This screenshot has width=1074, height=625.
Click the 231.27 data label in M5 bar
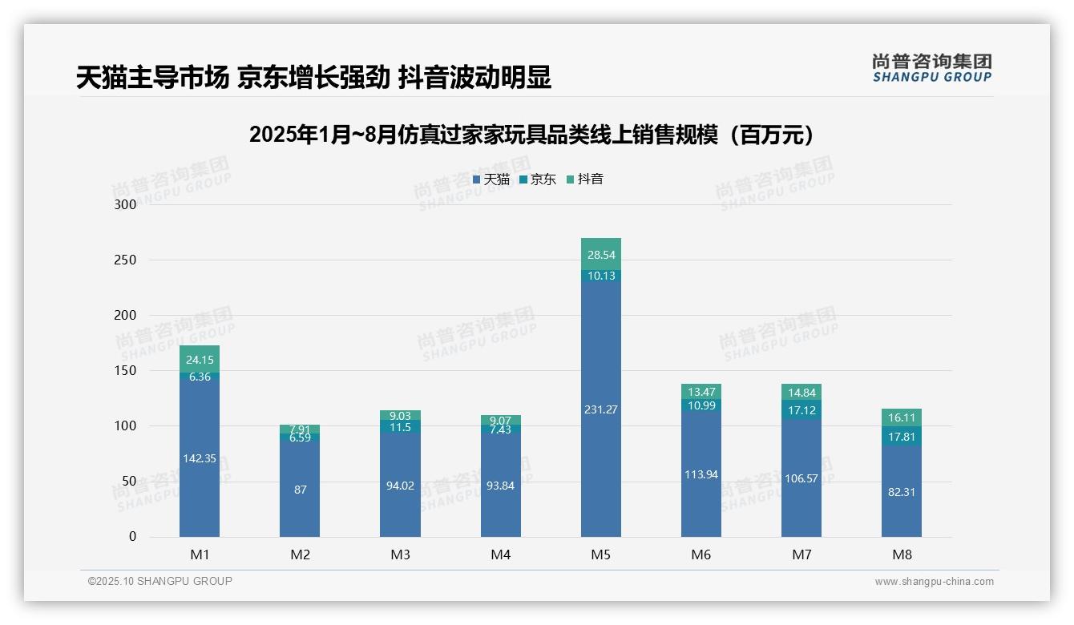click(x=600, y=409)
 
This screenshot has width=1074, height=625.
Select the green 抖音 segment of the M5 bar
click(x=600, y=253)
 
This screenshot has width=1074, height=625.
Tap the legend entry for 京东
click(x=538, y=179)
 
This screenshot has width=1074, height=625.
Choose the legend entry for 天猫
click(x=491, y=179)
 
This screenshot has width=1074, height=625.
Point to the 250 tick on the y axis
click(x=126, y=260)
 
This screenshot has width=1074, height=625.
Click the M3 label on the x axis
click(x=400, y=554)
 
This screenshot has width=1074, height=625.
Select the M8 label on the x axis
click(x=902, y=554)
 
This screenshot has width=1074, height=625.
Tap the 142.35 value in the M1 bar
click(x=200, y=458)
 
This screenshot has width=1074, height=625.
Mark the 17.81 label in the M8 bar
click(x=902, y=437)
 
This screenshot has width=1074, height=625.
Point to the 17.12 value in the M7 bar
click(x=801, y=410)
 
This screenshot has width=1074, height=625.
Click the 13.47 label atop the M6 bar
click(x=701, y=392)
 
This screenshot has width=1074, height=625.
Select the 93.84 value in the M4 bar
click(x=500, y=486)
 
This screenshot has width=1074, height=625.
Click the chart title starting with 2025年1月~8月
click(x=535, y=135)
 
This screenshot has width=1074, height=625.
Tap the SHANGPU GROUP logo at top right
click(x=931, y=68)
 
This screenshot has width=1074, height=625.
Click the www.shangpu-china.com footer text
click(x=934, y=582)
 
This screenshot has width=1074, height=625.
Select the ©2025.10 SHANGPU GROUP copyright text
click(x=160, y=581)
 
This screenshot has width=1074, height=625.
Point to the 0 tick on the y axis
click(x=132, y=537)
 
